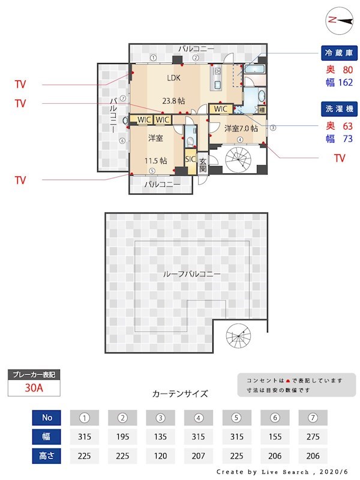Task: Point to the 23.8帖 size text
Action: (x=173, y=100)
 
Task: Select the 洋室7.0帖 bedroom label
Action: (x=241, y=128)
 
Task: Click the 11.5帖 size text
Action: (x=155, y=160)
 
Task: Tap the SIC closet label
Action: (x=190, y=160)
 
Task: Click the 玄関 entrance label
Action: (x=203, y=165)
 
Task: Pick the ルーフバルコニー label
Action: (x=191, y=274)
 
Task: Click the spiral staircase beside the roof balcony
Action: (x=238, y=340)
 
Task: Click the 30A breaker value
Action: (x=34, y=388)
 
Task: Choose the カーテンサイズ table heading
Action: (x=180, y=394)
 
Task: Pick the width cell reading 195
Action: (x=123, y=436)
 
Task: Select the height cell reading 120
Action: (x=161, y=455)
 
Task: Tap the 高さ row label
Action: (x=47, y=455)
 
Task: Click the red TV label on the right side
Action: (x=340, y=158)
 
